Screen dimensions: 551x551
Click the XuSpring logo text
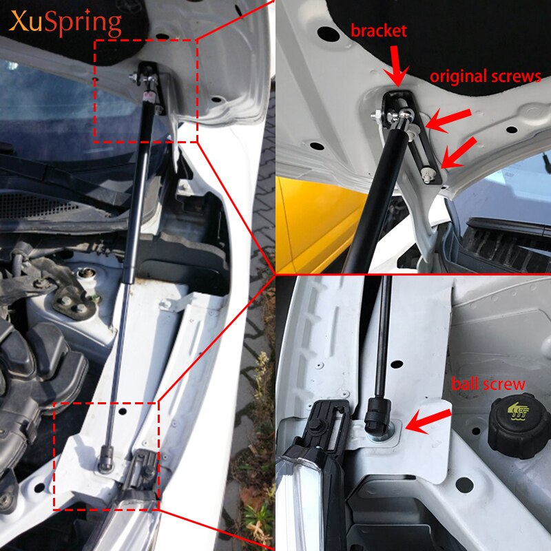66,24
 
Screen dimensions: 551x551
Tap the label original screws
486,76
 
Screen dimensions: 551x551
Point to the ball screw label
488,384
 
